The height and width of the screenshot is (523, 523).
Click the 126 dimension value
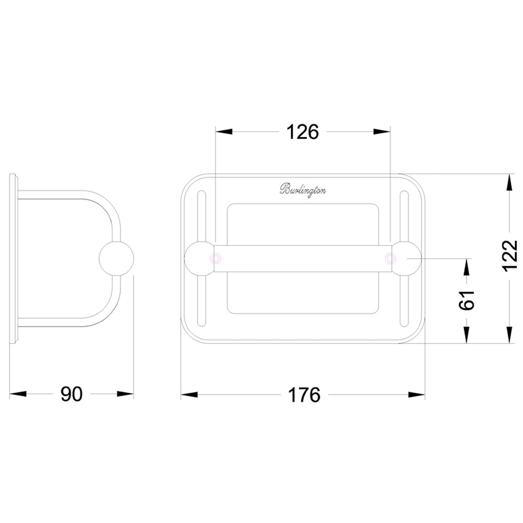tap(302, 132)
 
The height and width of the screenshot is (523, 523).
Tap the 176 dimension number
tap(304, 395)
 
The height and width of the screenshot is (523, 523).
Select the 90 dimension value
tap(71, 394)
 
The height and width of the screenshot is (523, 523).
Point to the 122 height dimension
tap(510, 256)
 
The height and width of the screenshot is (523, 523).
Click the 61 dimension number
tap(466, 300)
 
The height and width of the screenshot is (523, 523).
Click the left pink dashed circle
tap(216, 258)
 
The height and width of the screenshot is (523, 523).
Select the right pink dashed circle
tap(390, 258)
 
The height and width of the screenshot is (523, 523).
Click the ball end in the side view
tap(116, 258)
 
